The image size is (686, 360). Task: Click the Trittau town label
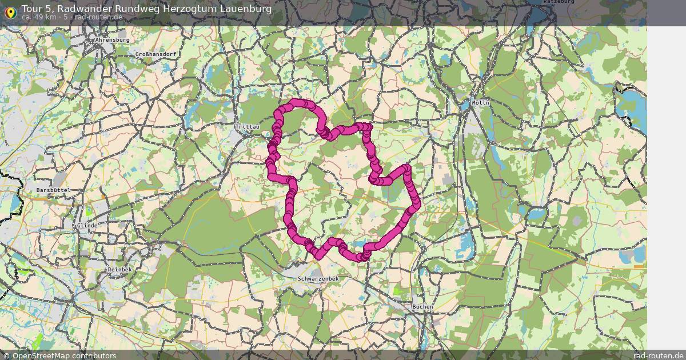(247, 126)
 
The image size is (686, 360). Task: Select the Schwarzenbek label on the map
(318, 278)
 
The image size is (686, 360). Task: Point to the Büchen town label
(422, 307)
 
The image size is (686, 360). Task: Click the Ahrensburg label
(113, 40)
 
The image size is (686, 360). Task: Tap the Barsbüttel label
(53, 190)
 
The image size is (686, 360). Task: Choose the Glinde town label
(87, 226)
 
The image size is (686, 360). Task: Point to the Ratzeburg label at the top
(559, 2)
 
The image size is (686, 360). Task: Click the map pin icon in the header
(10, 12)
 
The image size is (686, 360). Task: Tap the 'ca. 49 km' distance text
(40, 17)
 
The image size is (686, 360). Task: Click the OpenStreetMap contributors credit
(64, 355)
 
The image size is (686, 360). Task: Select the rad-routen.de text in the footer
(659, 355)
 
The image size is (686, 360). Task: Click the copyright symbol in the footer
(6, 355)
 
